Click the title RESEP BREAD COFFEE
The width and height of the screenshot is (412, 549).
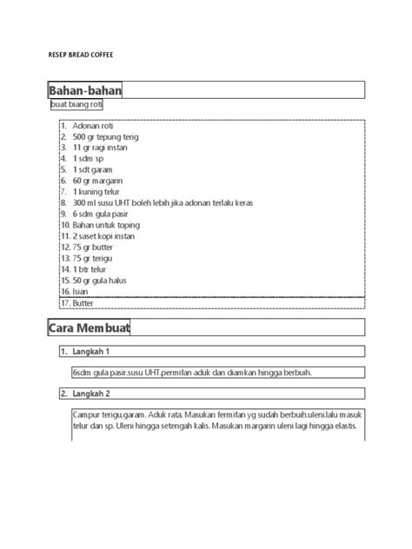click(80, 55)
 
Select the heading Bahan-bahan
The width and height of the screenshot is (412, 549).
click(84, 90)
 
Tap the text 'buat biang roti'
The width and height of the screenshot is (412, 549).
click(76, 105)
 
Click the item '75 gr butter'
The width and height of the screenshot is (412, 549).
click(95, 248)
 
